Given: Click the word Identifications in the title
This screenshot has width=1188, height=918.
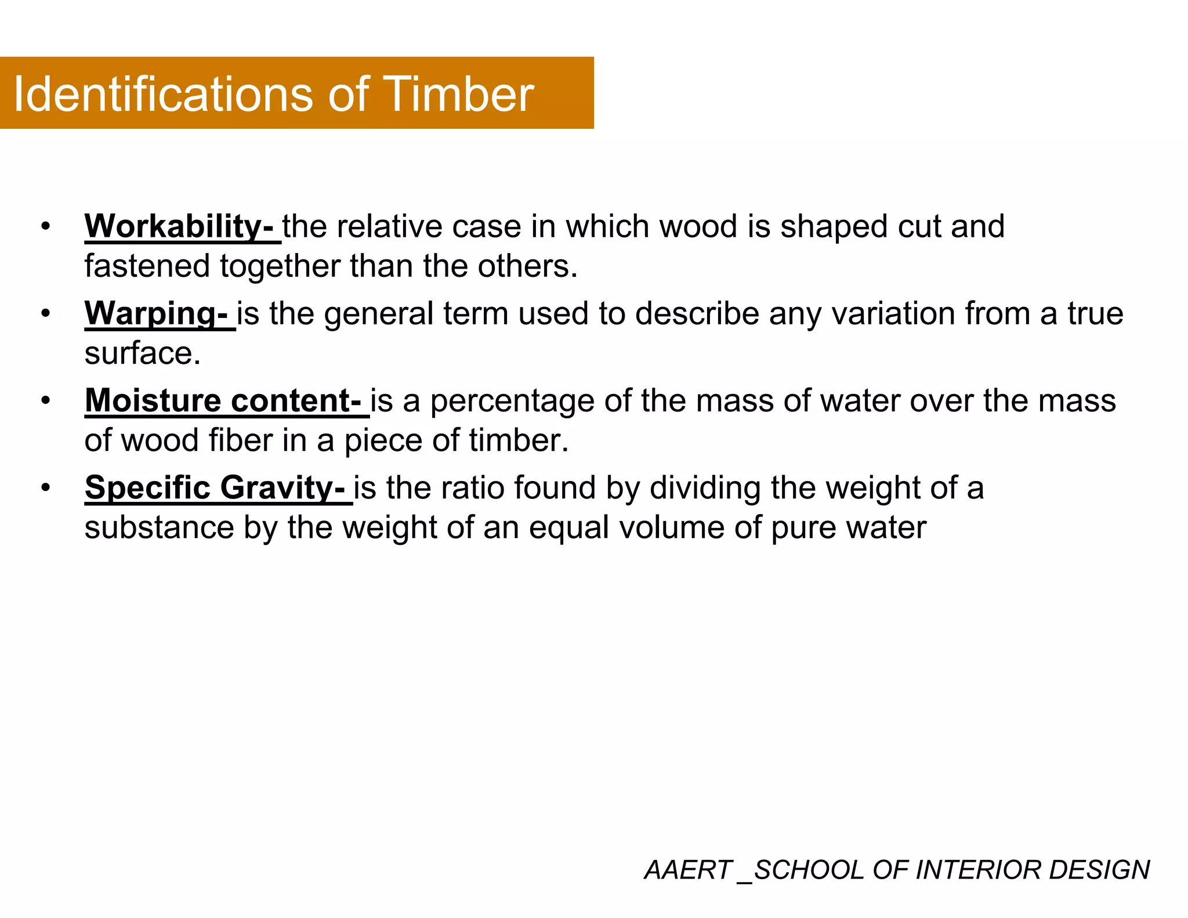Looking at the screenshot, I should click(x=166, y=94).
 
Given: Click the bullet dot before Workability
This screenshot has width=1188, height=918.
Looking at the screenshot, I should click(x=46, y=226).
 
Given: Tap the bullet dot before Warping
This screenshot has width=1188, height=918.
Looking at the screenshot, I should click(x=46, y=313).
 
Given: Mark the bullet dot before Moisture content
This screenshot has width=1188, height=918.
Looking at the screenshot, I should click(x=46, y=400).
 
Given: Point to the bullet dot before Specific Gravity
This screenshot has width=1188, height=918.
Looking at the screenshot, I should click(x=46, y=487).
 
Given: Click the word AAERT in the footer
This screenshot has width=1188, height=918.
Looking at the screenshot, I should click(x=687, y=870).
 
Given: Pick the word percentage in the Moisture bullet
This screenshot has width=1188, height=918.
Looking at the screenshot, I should click(x=512, y=402).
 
